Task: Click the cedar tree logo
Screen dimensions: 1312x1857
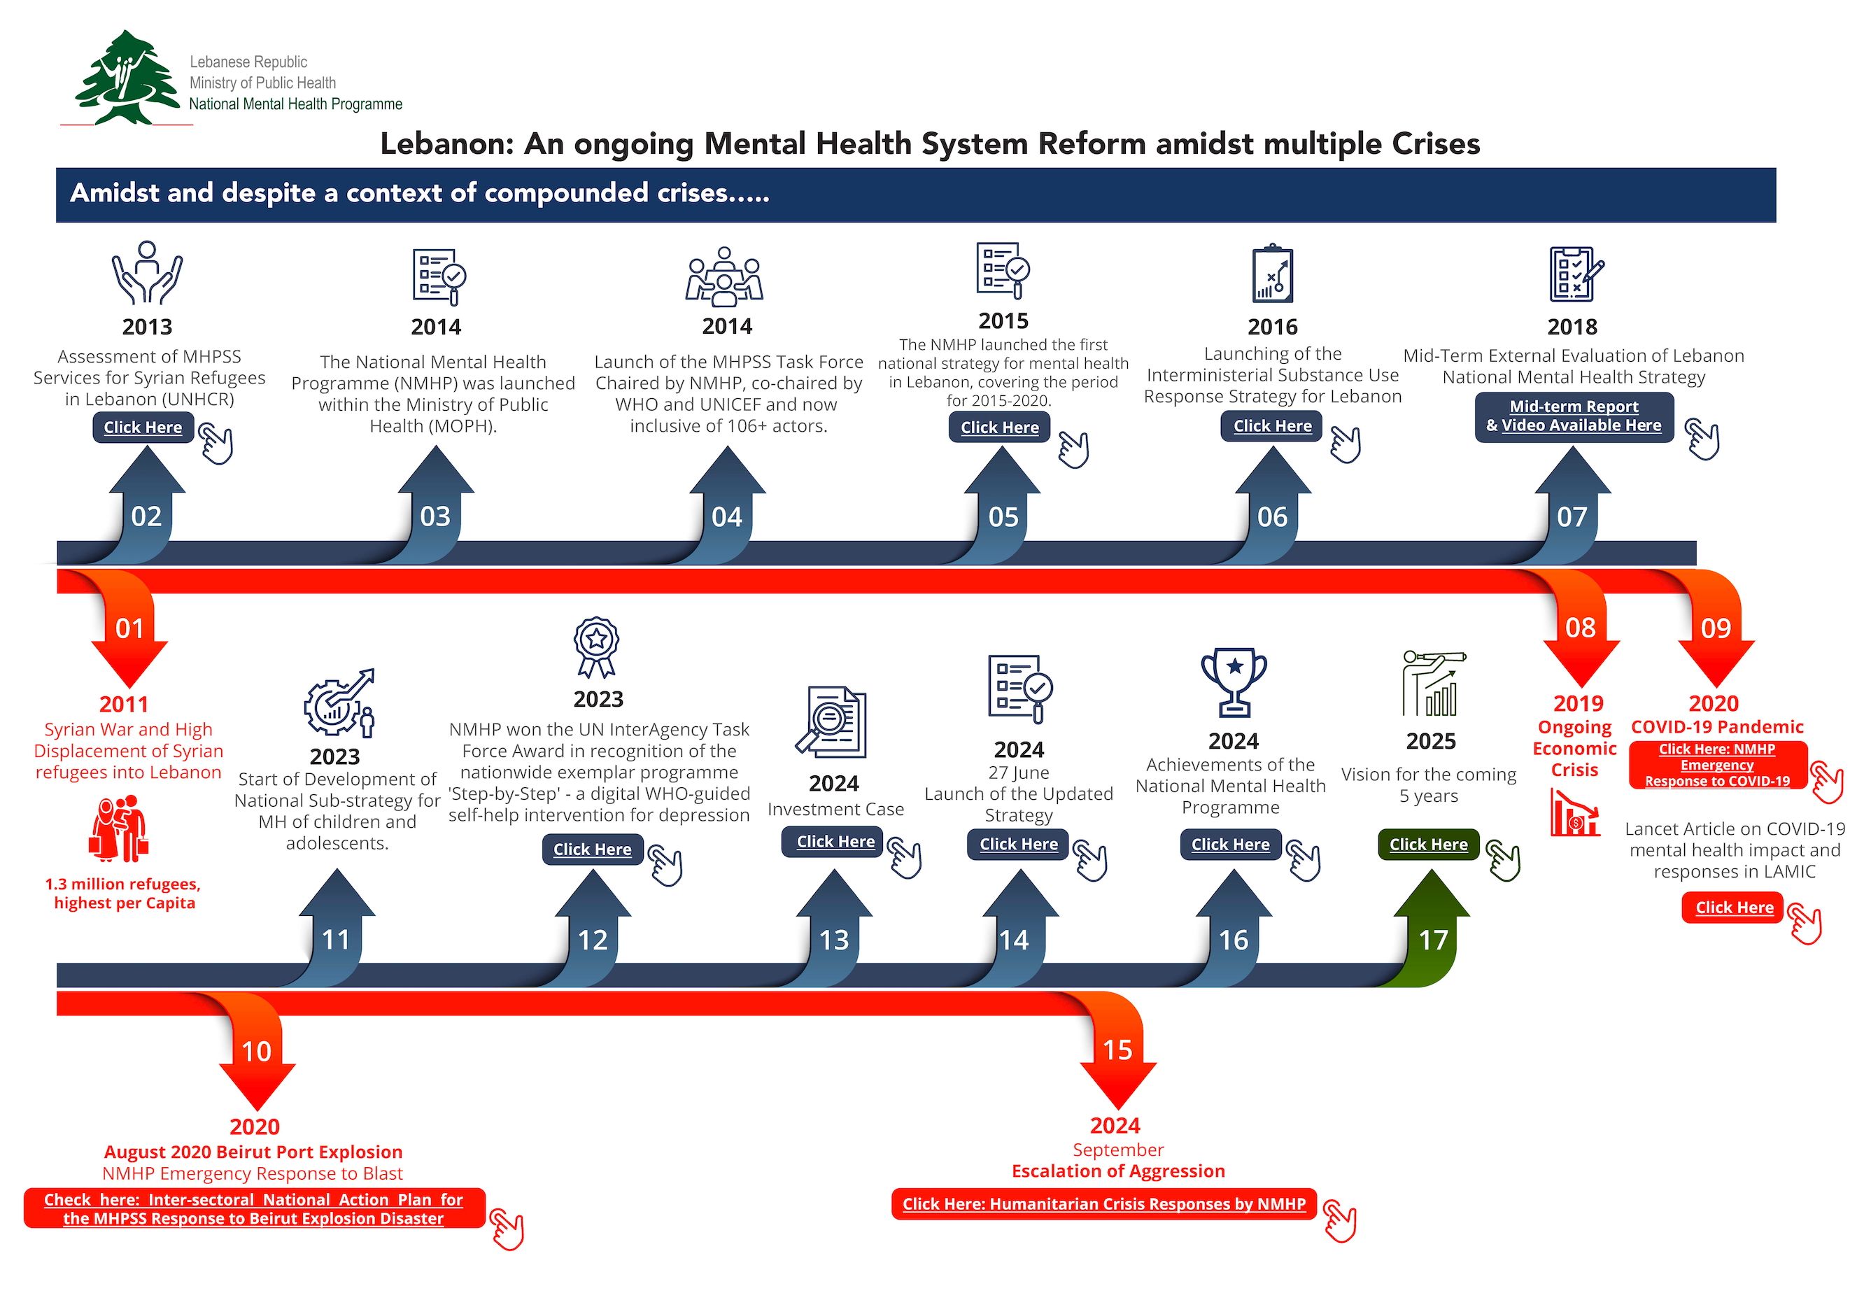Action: pyautogui.click(x=127, y=78)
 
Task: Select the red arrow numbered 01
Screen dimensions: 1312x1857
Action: pyautogui.click(x=129, y=634)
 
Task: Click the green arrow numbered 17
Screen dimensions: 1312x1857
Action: pyautogui.click(x=1432, y=930)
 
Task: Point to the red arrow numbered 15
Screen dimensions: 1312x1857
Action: pyautogui.click(x=1117, y=1056)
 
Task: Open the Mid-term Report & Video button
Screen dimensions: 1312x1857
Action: pyautogui.click(x=1573, y=416)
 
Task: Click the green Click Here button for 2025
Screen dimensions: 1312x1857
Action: pyautogui.click(x=1428, y=845)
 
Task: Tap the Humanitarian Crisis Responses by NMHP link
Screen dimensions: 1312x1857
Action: pyautogui.click(x=1104, y=1204)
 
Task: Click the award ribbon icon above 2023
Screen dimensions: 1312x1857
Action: pyautogui.click(x=596, y=647)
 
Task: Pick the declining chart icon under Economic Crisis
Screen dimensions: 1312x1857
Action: pyautogui.click(x=1574, y=813)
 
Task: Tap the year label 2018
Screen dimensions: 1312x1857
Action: pyautogui.click(x=1572, y=327)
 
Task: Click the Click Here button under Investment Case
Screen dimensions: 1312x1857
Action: pyautogui.click(x=835, y=842)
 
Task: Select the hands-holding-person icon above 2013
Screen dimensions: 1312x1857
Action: pyautogui.click(x=147, y=273)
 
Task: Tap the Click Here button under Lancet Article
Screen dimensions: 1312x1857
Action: pyautogui.click(x=1734, y=908)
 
